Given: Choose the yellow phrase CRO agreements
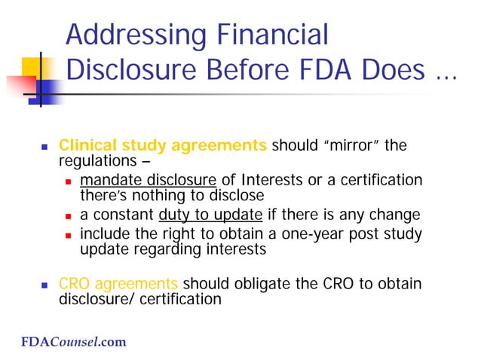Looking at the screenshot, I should coord(118,285).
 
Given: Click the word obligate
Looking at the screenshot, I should coord(250,285).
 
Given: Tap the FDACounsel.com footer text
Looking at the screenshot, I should coord(73,342).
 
